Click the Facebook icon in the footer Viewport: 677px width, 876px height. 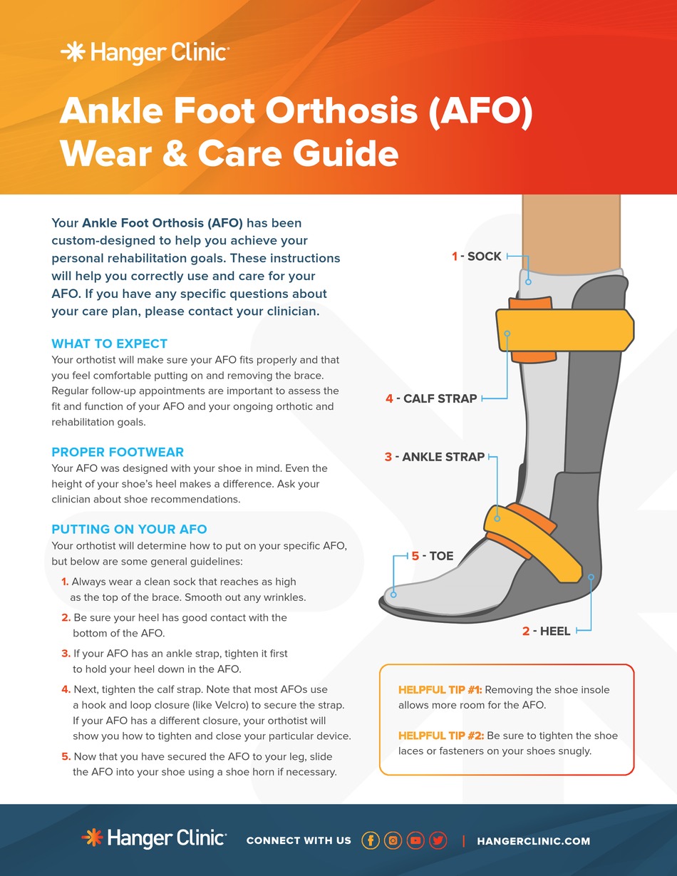370,840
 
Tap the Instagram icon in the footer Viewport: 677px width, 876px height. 393,840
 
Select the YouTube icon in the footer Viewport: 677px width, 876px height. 415,840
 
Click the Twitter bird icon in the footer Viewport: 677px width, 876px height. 438,840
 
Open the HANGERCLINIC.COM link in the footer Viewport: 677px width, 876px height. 533,841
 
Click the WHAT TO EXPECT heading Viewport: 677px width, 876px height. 109,344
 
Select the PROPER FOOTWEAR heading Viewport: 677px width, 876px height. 118,452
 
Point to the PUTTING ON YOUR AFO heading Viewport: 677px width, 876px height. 129,529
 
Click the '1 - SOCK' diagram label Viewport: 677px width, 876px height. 477,256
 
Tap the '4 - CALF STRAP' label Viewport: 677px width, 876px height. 431,398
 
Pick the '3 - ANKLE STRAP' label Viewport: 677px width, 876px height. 435,457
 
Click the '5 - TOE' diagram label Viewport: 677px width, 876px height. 433,555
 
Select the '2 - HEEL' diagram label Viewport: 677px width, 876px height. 547,631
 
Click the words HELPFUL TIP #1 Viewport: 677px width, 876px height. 440,690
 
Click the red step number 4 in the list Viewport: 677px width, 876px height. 66,689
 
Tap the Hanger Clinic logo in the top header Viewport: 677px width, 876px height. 145,53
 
